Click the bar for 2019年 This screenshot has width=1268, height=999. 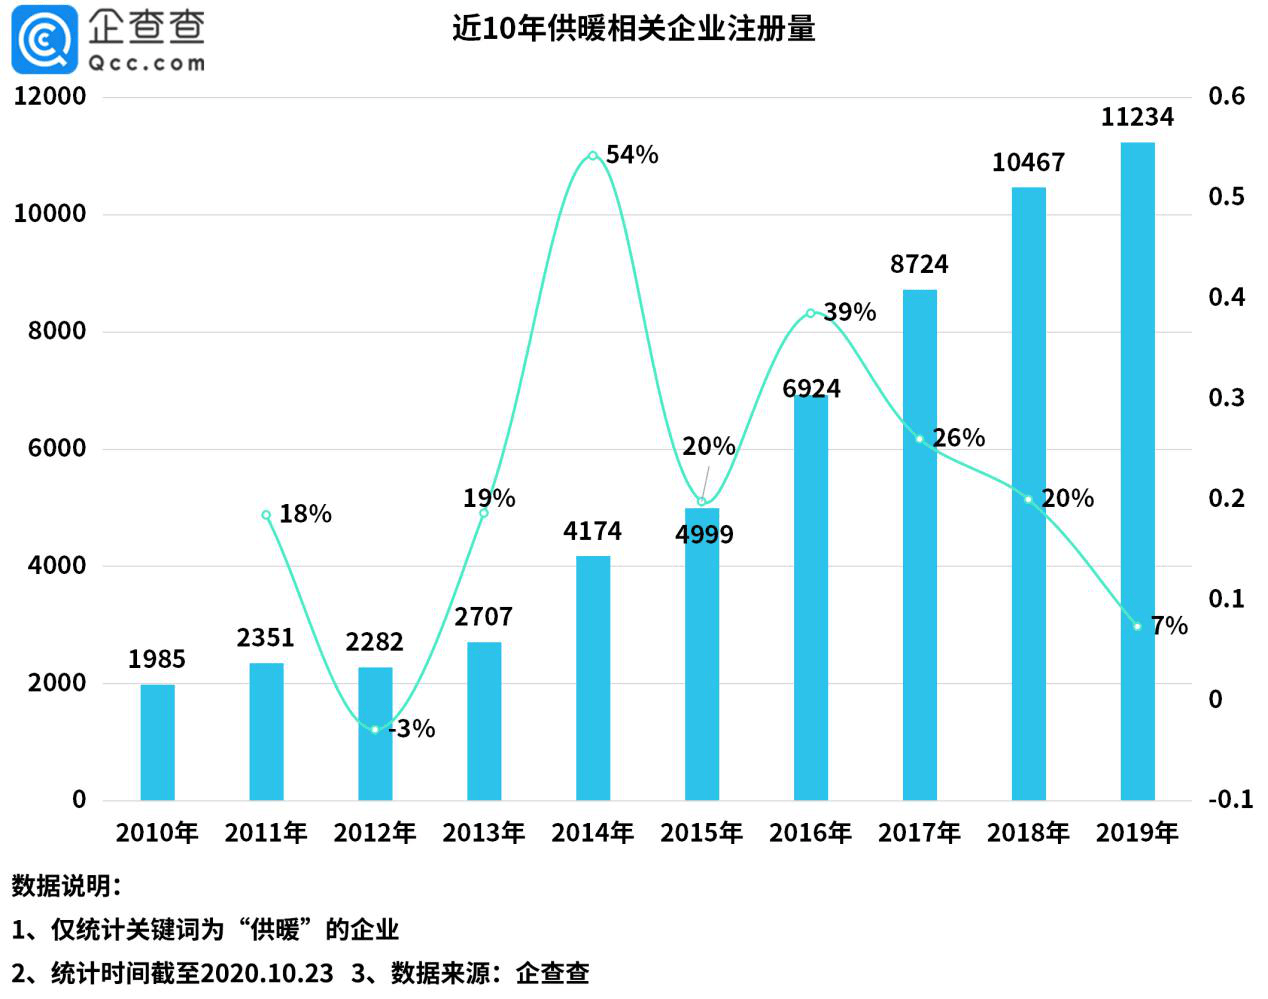(x=1137, y=470)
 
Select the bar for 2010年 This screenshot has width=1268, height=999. (x=157, y=742)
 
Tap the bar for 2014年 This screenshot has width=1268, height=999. (x=593, y=677)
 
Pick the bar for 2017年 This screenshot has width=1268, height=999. (x=919, y=544)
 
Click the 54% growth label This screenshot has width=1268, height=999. (x=632, y=155)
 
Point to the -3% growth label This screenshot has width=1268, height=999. (x=413, y=729)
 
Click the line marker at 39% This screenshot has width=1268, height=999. (x=810, y=313)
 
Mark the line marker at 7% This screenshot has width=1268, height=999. (x=1137, y=626)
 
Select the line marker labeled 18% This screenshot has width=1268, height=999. (x=266, y=515)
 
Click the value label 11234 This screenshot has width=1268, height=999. (x=1137, y=117)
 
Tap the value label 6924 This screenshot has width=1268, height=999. (x=811, y=388)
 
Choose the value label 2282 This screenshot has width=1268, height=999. (x=374, y=642)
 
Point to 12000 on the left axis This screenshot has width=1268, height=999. (x=50, y=96)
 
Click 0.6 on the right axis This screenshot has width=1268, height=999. (x=1226, y=96)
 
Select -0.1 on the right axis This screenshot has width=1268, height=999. (x=1229, y=799)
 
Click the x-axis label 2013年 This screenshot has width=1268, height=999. (x=483, y=832)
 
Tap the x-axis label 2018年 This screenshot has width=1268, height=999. (x=1028, y=832)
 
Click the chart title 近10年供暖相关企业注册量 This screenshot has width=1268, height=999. (x=633, y=28)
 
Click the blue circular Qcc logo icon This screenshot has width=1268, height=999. (x=44, y=40)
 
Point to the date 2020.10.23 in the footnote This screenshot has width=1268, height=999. (x=267, y=973)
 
